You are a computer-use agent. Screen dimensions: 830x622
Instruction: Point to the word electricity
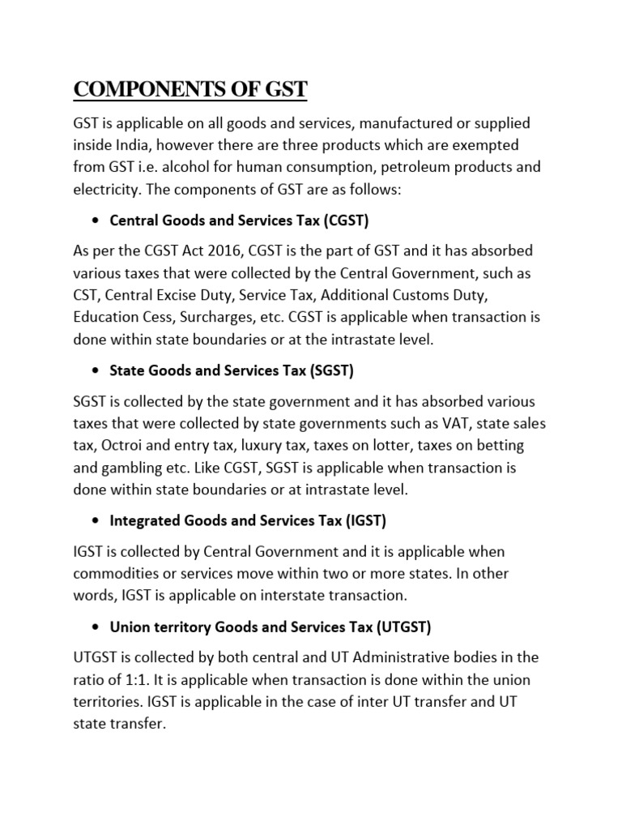click(x=104, y=190)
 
